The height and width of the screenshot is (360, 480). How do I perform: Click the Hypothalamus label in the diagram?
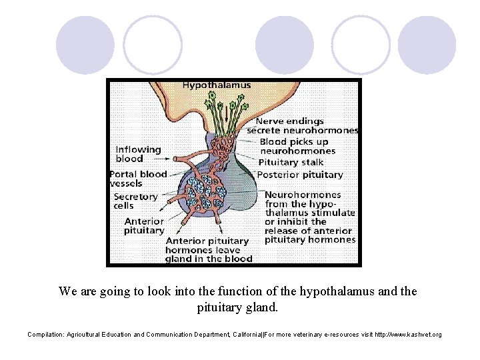(216, 85)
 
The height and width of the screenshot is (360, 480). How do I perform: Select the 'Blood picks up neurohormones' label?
(297, 146)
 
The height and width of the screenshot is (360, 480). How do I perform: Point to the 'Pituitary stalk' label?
(291, 162)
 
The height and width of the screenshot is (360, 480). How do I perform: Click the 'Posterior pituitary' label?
(299, 175)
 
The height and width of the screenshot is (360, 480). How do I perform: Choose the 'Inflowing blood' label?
(138, 154)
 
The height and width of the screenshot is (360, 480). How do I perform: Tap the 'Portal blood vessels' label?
(137, 179)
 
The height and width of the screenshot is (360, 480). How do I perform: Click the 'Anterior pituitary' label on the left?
(143, 225)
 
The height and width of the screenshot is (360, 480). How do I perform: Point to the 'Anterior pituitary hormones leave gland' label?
(208, 249)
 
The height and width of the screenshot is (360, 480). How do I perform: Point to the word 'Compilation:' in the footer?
(45, 334)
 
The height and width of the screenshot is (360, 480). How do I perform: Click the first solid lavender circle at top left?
(85, 45)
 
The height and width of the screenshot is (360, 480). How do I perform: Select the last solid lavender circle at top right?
(427, 45)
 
